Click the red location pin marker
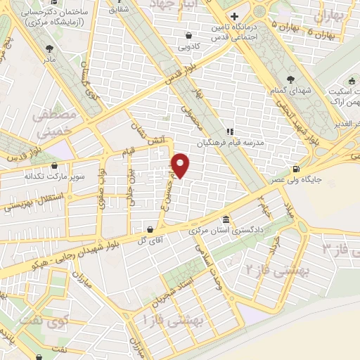pos(181,165)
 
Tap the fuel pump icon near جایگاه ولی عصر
pos(295,169)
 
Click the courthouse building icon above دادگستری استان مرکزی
pos(225,219)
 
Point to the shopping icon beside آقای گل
pos(150,229)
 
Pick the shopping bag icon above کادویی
pos(188,35)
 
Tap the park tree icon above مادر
pos(49,49)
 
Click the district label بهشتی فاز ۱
pos(172,320)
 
